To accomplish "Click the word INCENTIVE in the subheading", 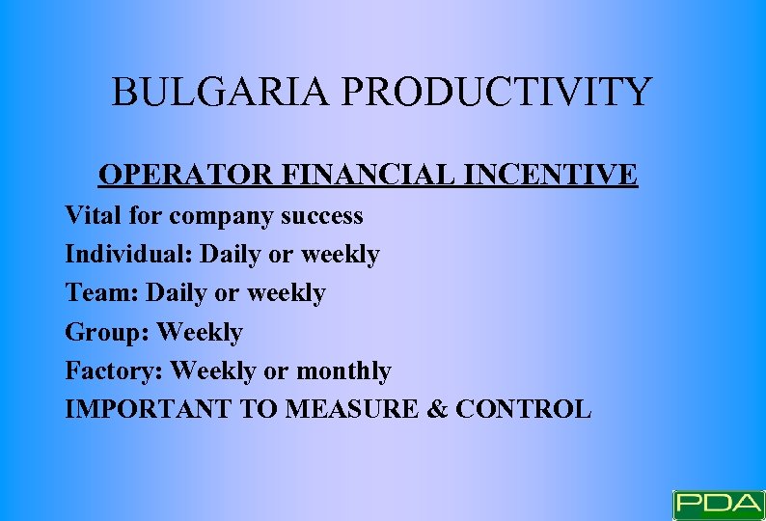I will click(551, 175).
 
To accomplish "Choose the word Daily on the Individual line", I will click(230, 255).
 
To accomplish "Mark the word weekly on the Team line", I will click(287, 292).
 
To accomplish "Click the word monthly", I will click(343, 371).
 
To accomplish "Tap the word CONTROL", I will click(523, 409).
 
